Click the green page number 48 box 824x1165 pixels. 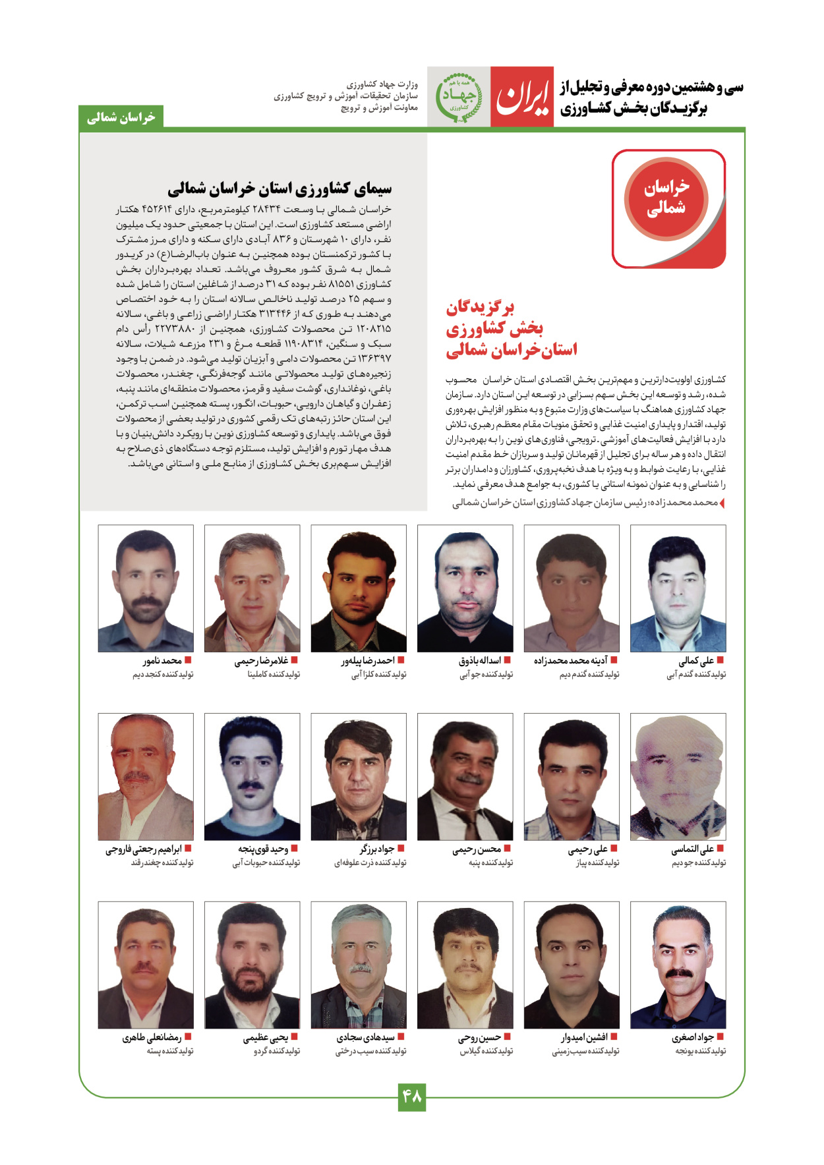point(411,1097)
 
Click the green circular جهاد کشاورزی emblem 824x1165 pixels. point(459,97)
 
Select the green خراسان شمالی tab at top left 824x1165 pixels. point(121,117)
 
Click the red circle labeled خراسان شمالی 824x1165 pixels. point(666,198)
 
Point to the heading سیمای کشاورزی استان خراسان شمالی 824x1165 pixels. point(280,189)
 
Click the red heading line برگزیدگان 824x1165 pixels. point(480,308)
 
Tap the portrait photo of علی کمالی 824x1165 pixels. point(678,588)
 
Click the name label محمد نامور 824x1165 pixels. point(162,660)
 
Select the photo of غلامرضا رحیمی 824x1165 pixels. point(252,588)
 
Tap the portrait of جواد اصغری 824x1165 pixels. point(678,965)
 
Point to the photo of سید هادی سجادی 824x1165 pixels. point(359,965)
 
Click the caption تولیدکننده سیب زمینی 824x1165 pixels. point(585,1051)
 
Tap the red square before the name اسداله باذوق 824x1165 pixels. point(507,660)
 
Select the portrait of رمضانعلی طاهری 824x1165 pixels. point(146,965)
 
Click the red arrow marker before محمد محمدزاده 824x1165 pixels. point(722,503)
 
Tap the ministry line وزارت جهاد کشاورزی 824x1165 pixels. point(382,84)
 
